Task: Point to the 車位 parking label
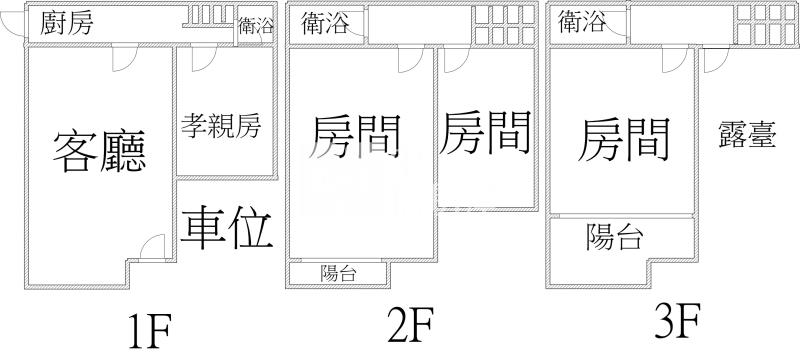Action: [x=228, y=227]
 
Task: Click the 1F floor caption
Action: [x=151, y=330]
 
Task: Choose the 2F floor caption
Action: [x=410, y=324]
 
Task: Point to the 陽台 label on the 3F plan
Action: [x=615, y=237]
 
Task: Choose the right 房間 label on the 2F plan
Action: [x=485, y=132]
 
